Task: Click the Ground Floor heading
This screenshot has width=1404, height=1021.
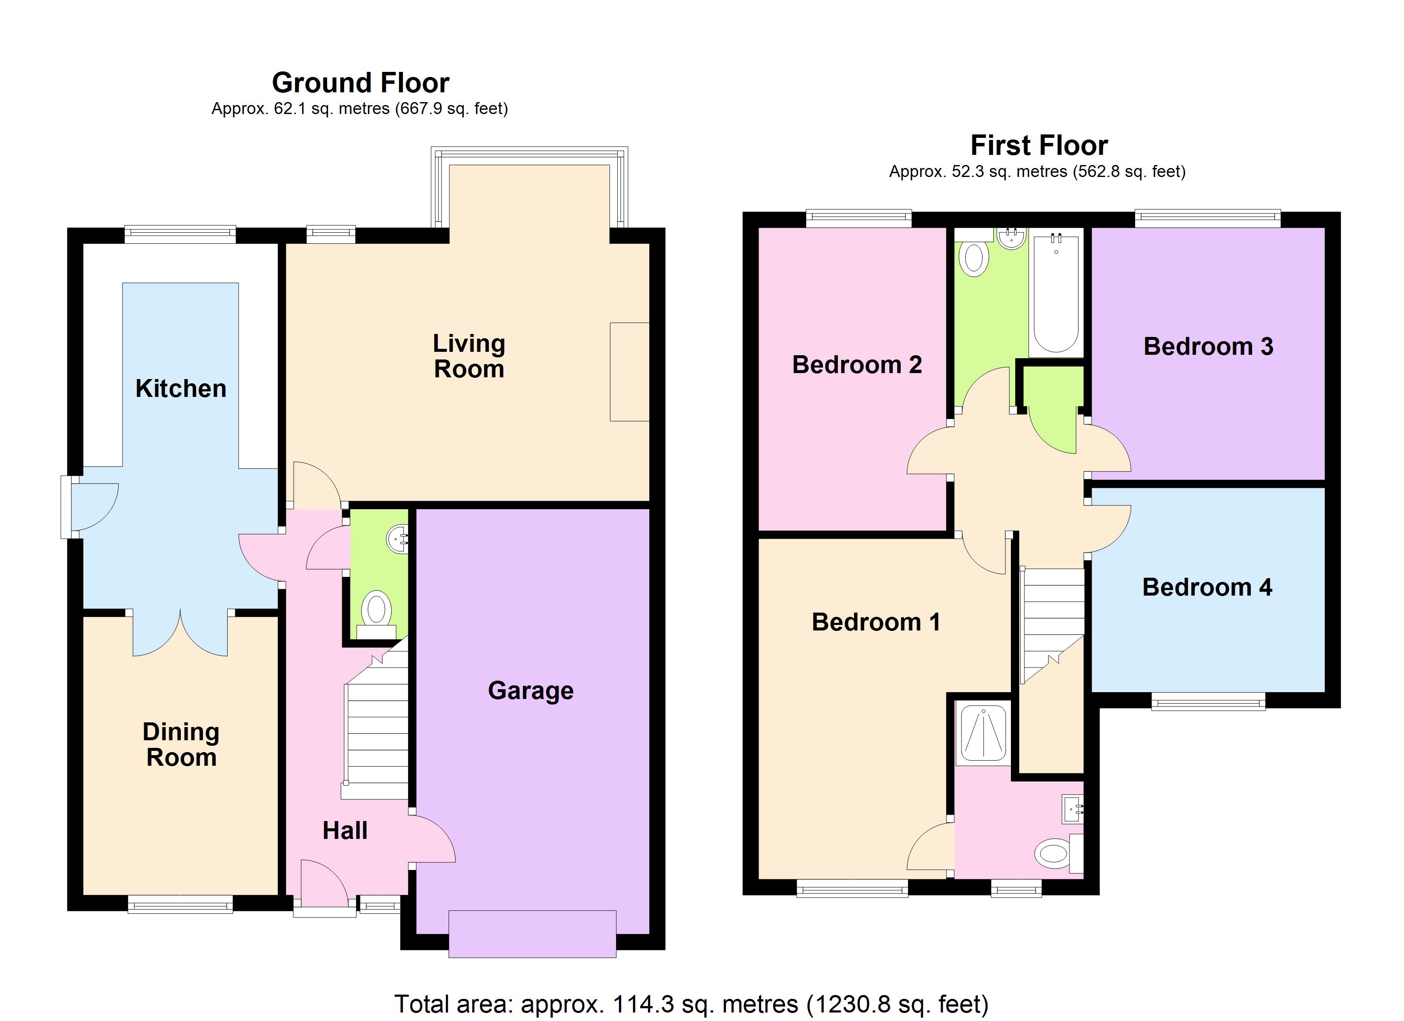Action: click(360, 83)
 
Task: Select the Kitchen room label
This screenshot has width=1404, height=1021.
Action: click(181, 389)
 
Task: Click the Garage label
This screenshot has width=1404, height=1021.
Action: click(531, 690)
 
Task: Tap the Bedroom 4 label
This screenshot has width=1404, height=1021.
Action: click(1207, 587)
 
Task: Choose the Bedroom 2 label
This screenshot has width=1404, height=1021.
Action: click(857, 365)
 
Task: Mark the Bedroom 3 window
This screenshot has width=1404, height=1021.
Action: click(1207, 217)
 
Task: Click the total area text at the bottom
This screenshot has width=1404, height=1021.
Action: click(691, 1004)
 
